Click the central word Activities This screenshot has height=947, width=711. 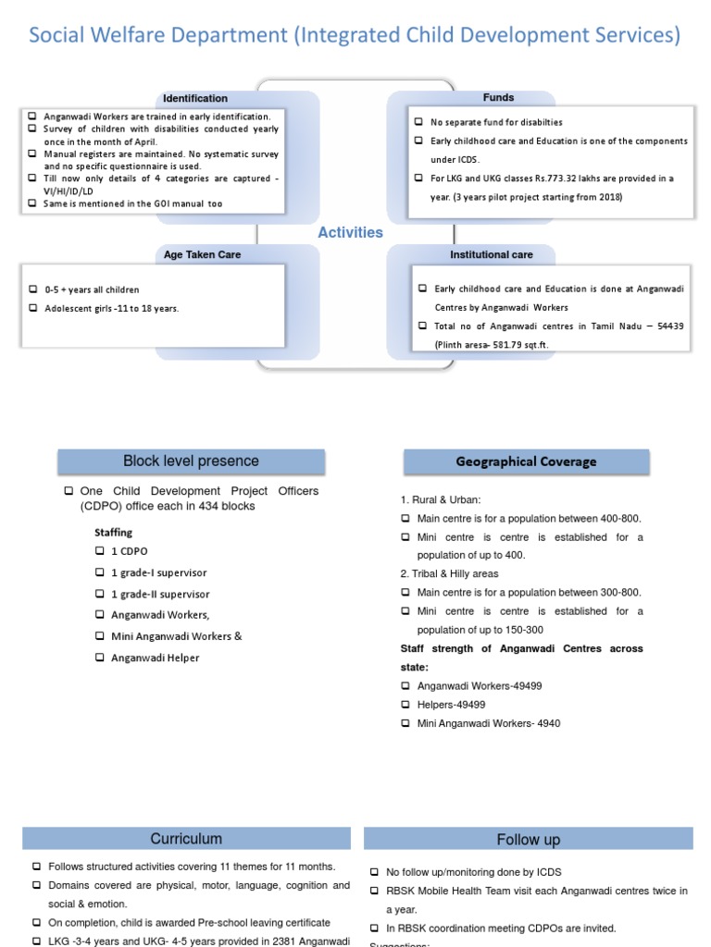click(x=350, y=233)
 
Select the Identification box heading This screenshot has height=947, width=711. click(x=195, y=98)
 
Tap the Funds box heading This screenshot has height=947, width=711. click(x=498, y=97)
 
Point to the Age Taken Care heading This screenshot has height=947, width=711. click(x=202, y=255)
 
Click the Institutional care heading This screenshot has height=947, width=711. click(x=492, y=254)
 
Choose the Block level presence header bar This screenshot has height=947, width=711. click(x=192, y=461)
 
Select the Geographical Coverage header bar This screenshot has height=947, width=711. click(x=526, y=461)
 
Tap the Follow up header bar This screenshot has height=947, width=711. click(x=528, y=840)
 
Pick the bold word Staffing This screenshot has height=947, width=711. click(x=113, y=533)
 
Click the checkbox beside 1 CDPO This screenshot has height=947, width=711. click(x=99, y=551)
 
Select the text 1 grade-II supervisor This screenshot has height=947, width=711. click(x=160, y=595)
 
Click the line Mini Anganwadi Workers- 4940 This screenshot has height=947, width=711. click(x=488, y=723)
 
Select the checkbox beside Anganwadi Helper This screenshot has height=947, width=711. click(x=99, y=658)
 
